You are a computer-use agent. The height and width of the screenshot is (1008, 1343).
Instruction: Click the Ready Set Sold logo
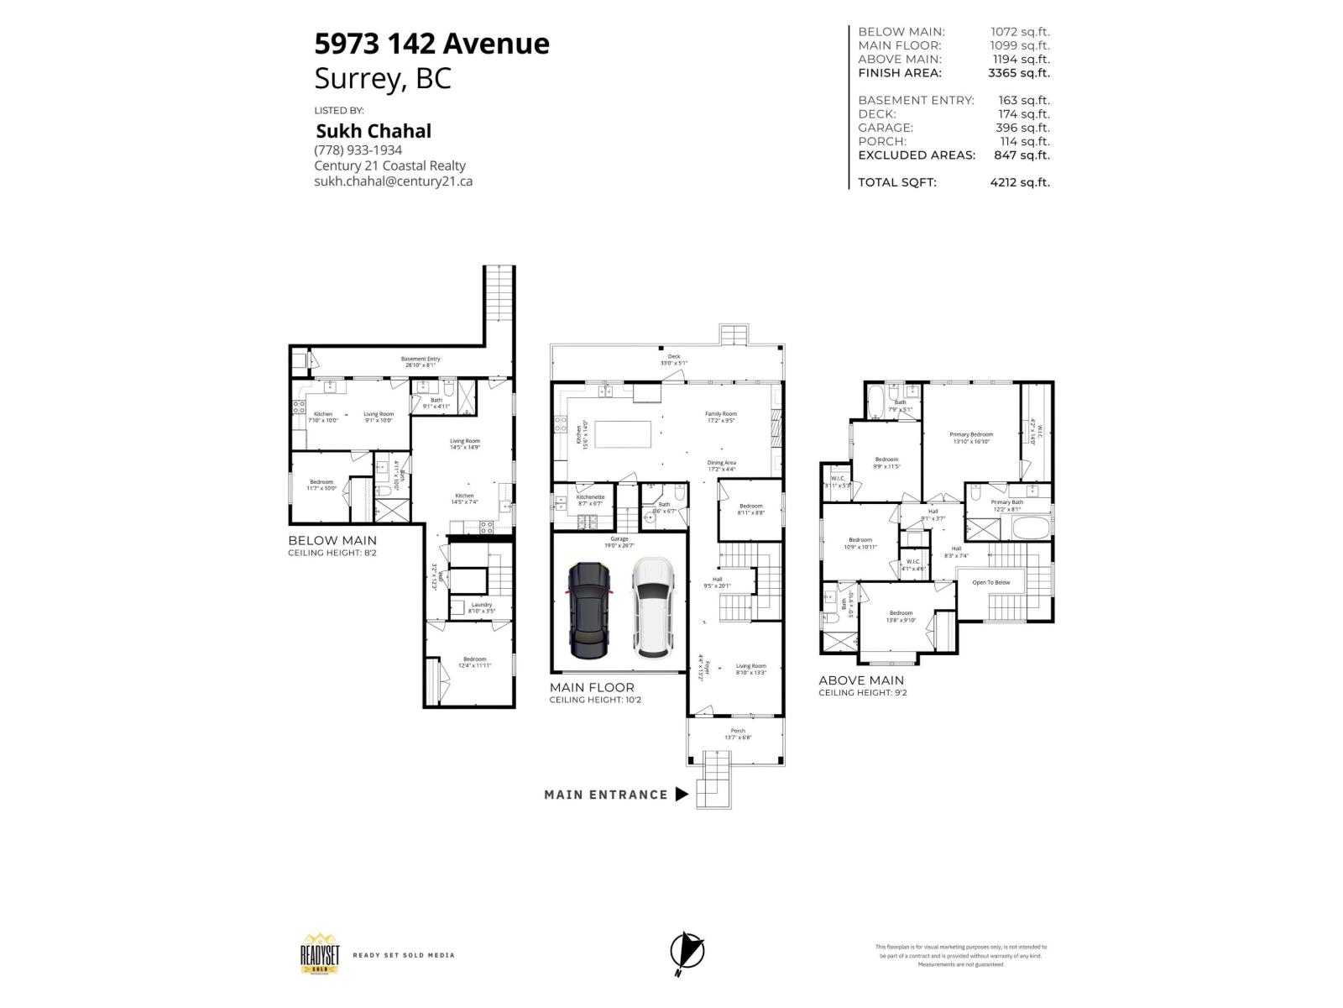[x=320, y=955]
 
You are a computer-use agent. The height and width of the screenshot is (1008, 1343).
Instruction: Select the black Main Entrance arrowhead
[x=682, y=795]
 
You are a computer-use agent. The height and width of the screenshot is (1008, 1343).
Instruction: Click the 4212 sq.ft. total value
[x=1019, y=182]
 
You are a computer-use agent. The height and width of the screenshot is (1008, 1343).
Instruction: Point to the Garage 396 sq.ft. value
[x=1024, y=128]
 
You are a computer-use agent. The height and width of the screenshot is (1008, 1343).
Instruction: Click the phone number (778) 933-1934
[x=358, y=150]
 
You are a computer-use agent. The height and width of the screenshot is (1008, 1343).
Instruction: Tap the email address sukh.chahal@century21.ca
[x=393, y=181]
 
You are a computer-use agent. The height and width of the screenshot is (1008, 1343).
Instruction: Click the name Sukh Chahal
[x=373, y=131]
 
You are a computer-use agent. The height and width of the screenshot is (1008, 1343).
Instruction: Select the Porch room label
[x=738, y=731]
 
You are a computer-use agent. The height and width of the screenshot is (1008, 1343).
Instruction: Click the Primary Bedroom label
[x=971, y=434]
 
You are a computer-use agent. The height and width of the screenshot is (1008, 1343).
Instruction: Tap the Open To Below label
[x=991, y=582]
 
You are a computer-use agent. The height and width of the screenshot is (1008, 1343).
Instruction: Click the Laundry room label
[x=481, y=604]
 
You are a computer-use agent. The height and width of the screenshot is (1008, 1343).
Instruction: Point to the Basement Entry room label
[x=420, y=360]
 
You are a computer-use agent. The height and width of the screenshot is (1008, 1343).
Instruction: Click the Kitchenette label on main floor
[x=590, y=496]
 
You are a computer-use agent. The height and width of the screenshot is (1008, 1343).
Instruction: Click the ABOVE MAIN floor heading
[x=861, y=680]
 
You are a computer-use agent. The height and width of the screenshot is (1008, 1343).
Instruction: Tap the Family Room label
[x=720, y=413]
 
